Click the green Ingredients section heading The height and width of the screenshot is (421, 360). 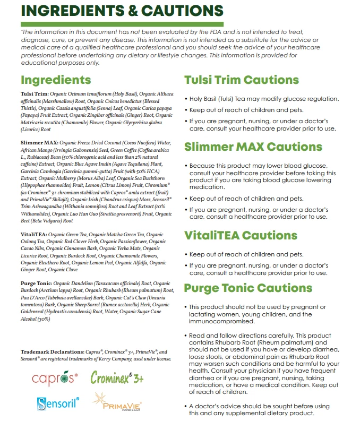56,80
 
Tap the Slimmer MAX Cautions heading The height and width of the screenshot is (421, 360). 253,147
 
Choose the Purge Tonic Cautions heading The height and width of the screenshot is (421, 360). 248,288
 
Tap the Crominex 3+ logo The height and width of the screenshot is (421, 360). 117,377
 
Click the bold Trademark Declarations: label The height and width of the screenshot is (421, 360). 52,352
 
